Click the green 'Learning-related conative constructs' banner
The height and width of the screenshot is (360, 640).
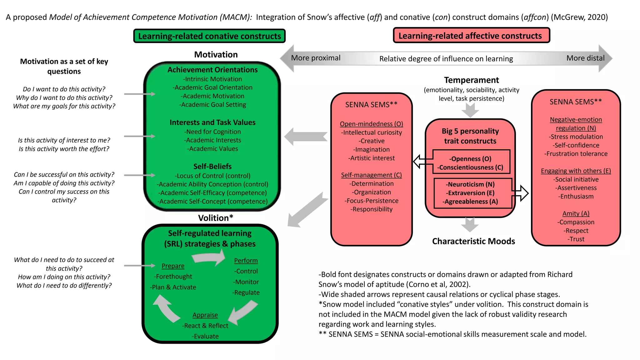click(x=209, y=36)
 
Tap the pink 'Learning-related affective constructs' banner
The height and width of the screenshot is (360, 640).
click(x=471, y=36)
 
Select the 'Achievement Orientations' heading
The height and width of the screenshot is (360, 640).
click(x=212, y=70)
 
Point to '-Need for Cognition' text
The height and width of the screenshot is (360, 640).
click(x=212, y=132)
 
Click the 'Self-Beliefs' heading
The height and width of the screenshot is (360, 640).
click(x=212, y=166)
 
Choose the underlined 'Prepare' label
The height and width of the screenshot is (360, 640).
click(x=173, y=266)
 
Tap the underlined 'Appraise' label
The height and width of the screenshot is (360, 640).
click(x=205, y=315)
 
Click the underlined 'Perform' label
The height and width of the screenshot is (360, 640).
click(x=246, y=261)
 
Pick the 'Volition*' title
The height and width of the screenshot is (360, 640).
click(x=216, y=218)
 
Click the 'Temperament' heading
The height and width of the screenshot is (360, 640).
click(x=471, y=80)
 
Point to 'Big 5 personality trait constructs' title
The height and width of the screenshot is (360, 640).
click(x=470, y=136)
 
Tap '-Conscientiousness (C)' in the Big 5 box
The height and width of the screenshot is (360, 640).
click(x=470, y=167)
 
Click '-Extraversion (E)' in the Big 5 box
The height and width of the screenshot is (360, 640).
click(x=470, y=193)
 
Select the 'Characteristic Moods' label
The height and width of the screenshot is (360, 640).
click(x=473, y=241)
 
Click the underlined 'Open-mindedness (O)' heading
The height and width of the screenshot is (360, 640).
click(x=371, y=124)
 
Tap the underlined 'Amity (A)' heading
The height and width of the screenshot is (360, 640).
click(x=576, y=213)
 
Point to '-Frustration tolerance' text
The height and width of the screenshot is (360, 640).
click(x=576, y=154)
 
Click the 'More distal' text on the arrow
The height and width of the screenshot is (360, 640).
click(x=585, y=58)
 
